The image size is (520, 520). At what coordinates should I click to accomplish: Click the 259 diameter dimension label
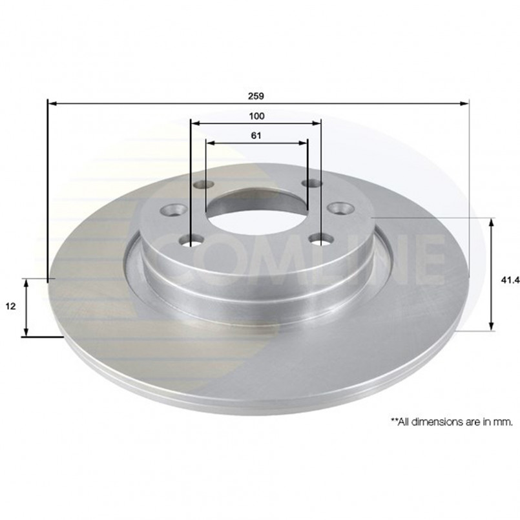(x=256, y=96)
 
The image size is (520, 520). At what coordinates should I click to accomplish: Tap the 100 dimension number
(x=256, y=116)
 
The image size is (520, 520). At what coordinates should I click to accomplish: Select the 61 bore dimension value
(x=256, y=136)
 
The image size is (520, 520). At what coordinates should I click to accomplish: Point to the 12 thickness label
(x=11, y=306)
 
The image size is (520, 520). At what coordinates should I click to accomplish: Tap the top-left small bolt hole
(x=203, y=184)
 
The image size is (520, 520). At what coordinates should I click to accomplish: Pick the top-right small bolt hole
(x=312, y=183)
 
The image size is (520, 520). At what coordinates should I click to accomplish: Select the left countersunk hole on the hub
(x=174, y=209)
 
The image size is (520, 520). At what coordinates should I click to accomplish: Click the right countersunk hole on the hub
(x=341, y=208)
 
